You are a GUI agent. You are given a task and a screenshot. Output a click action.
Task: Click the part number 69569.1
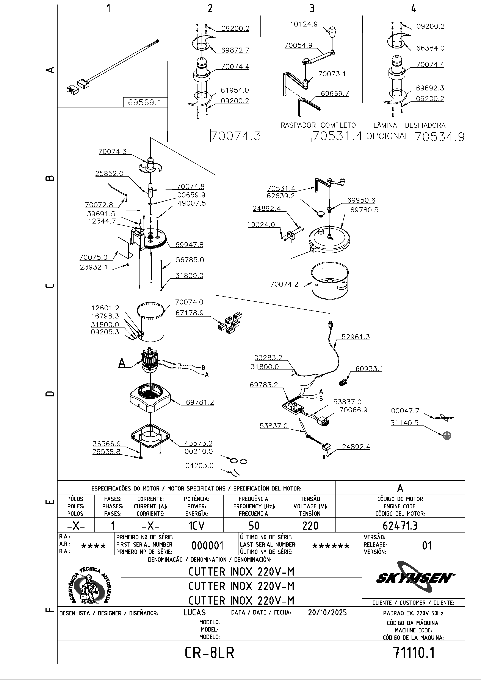point(144,102)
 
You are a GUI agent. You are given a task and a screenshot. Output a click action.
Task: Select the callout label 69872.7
point(235,50)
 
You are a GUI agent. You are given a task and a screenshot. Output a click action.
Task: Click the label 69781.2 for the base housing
point(200,402)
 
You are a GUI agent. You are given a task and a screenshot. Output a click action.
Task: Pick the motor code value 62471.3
point(400,525)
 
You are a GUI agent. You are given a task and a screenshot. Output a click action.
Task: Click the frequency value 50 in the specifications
point(254,526)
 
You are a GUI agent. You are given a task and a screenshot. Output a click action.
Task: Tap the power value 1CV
point(196,526)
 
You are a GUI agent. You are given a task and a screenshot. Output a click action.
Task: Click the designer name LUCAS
point(194,612)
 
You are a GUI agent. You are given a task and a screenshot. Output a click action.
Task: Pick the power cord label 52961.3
point(355,337)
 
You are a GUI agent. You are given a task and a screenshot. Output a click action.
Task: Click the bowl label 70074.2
point(284,284)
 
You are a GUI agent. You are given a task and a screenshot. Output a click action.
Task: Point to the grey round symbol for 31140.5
point(447,436)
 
